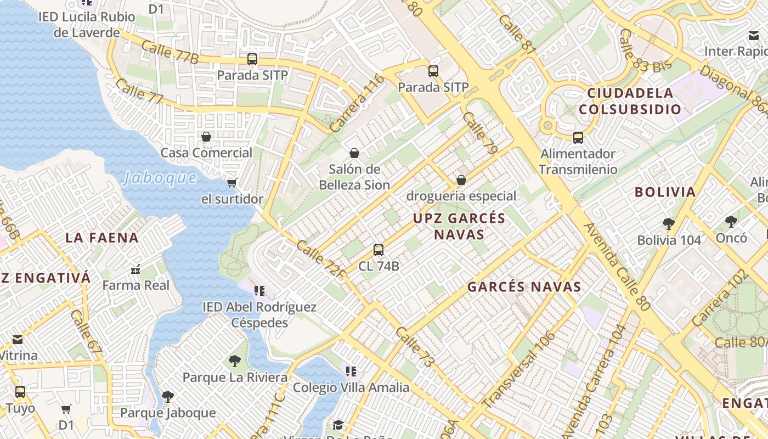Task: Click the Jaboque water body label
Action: (160, 178)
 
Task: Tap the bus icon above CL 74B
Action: (379, 250)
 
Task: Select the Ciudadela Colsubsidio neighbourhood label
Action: (630, 101)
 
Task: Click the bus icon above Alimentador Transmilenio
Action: (578, 138)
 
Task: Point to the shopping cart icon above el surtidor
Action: (232, 183)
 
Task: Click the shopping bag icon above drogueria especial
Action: (461, 180)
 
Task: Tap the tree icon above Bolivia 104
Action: (668, 223)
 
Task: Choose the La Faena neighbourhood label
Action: (102, 238)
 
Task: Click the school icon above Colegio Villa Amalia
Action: (351, 372)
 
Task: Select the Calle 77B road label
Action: (170, 52)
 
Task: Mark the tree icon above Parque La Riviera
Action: (235, 361)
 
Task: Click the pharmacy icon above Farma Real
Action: (136, 269)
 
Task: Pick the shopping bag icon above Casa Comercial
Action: (206, 137)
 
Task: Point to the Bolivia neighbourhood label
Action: (665, 192)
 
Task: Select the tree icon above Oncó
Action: (731, 222)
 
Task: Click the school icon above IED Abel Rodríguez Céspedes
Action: (259, 291)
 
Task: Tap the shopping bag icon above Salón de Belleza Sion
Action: (354, 153)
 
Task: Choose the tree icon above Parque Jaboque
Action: (168, 396)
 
